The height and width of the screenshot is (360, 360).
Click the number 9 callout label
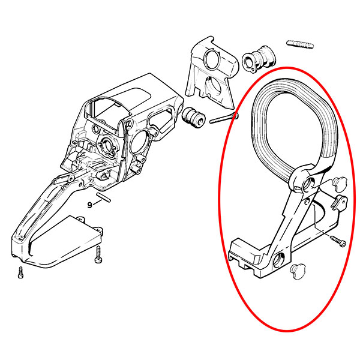(x=90, y=205)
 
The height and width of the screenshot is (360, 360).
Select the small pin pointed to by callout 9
(x=104, y=197)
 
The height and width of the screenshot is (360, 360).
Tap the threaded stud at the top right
(x=300, y=44)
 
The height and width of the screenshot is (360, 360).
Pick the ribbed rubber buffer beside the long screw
(x=193, y=117)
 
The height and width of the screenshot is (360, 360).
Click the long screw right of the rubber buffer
(x=224, y=118)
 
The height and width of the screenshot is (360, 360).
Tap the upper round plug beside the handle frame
(x=339, y=184)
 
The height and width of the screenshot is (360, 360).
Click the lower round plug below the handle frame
(x=298, y=271)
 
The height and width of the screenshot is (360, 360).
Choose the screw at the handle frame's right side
(x=337, y=242)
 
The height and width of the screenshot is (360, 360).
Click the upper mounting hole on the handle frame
(x=308, y=183)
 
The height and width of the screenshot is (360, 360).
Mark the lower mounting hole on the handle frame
(x=279, y=259)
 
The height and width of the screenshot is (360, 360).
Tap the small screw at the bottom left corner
(x=20, y=272)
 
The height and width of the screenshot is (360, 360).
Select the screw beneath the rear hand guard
(x=98, y=254)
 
